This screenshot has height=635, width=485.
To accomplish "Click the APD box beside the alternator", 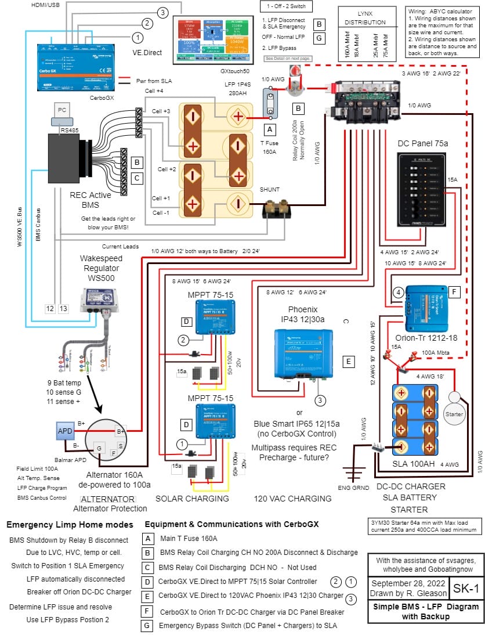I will click(x=64, y=431).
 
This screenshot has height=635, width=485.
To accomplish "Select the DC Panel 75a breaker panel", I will click(x=422, y=190).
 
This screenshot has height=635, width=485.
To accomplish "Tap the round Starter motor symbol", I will click(x=454, y=414).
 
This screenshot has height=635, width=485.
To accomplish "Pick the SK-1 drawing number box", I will click(x=466, y=589).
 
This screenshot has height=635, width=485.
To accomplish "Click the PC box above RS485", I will click(x=61, y=110).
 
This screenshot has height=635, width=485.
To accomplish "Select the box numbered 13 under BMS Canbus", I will click(x=63, y=308).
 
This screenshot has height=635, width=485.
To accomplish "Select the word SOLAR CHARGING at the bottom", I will click(x=192, y=498).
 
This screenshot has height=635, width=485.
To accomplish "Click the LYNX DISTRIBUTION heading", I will click(x=364, y=19).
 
